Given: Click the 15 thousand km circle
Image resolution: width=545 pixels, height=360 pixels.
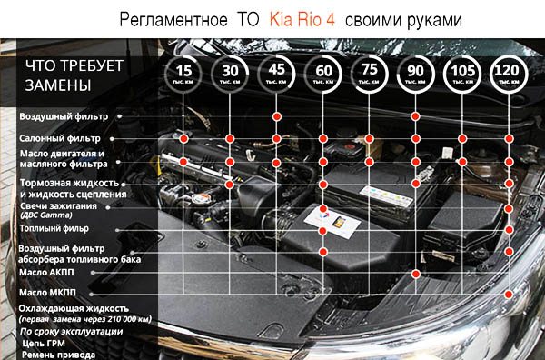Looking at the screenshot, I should pos(184,75).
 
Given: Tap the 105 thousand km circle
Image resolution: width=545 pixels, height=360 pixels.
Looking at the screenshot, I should pos(462,75).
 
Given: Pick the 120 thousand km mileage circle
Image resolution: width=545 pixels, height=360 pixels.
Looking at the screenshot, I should pos(509,75).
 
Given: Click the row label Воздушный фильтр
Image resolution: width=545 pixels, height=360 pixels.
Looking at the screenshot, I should pos(64,117).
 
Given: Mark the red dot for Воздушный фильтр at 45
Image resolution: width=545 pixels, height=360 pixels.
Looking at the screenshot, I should pos(277,116).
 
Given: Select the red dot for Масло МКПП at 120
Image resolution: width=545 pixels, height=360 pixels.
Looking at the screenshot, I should pos(509,293).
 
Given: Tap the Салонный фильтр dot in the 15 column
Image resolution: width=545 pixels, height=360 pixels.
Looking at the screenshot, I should pos(184,138).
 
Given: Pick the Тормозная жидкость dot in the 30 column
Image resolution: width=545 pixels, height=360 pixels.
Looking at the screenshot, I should pos(231,185).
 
